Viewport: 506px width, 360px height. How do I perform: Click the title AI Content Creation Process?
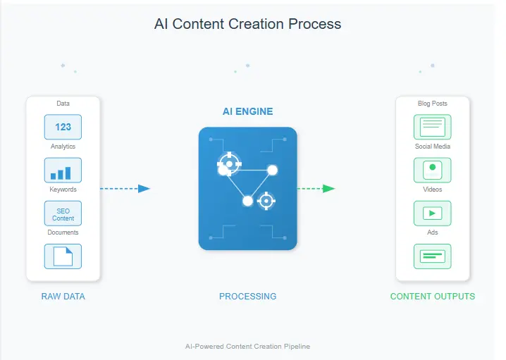coord(247,24)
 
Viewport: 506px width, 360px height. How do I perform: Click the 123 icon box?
coord(63,128)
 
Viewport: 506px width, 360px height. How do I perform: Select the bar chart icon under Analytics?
coord(63,170)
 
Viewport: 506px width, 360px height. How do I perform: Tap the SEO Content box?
coord(63,213)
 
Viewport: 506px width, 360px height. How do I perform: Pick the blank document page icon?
coord(63,256)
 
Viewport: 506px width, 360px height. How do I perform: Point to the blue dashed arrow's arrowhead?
coord(144,189)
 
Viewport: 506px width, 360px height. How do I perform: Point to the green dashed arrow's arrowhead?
coord(328,189)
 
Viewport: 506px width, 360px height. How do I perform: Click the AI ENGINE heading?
coord(247,111)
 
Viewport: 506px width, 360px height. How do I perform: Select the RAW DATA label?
coord(63,297)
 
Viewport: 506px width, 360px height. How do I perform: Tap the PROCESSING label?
coord(247,297)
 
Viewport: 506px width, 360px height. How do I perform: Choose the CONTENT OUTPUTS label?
coord(432,297)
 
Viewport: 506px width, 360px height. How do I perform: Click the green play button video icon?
coord(432,213)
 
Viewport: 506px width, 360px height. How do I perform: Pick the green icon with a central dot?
coord(432,170)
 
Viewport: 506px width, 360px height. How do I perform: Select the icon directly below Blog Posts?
coord(432,128)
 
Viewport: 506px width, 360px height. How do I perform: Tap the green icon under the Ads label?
coord(432,256)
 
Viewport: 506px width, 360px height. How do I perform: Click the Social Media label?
coord(432,147)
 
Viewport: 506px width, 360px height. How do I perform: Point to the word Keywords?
coord(63,190)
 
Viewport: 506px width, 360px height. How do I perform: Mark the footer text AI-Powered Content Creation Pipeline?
coord(247,347)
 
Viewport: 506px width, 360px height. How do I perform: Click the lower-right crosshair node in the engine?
coord(266,201)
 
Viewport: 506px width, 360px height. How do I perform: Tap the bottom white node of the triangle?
coord(247,201)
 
